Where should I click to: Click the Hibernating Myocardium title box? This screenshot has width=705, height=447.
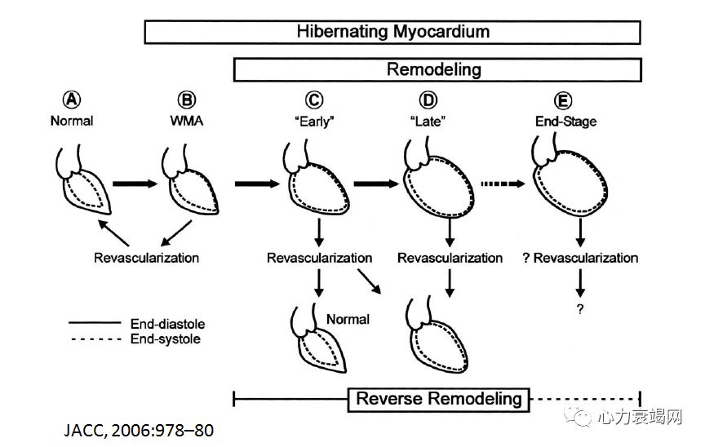pyautogui.click(x=392, y=32)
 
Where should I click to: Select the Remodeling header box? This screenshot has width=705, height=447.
pyautogui.click(x=433, y=70)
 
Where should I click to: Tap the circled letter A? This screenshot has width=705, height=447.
pyautogui.click(x=73, y=100)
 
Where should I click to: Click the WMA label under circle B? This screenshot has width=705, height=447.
pyautogui.click(x=187, y=121)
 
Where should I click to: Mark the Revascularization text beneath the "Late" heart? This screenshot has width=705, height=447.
pyautogui.click(x=450, y=258)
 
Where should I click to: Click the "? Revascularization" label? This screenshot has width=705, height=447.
pyautogui.click(x=579, y=258)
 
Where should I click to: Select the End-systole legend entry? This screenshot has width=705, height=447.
pyautogui.click(x=164, y=339)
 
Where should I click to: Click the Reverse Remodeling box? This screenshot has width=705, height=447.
pyautogui.click(x=439, y=399)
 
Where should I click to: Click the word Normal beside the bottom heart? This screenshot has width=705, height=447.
pyautogui.click(x=348, y=319)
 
